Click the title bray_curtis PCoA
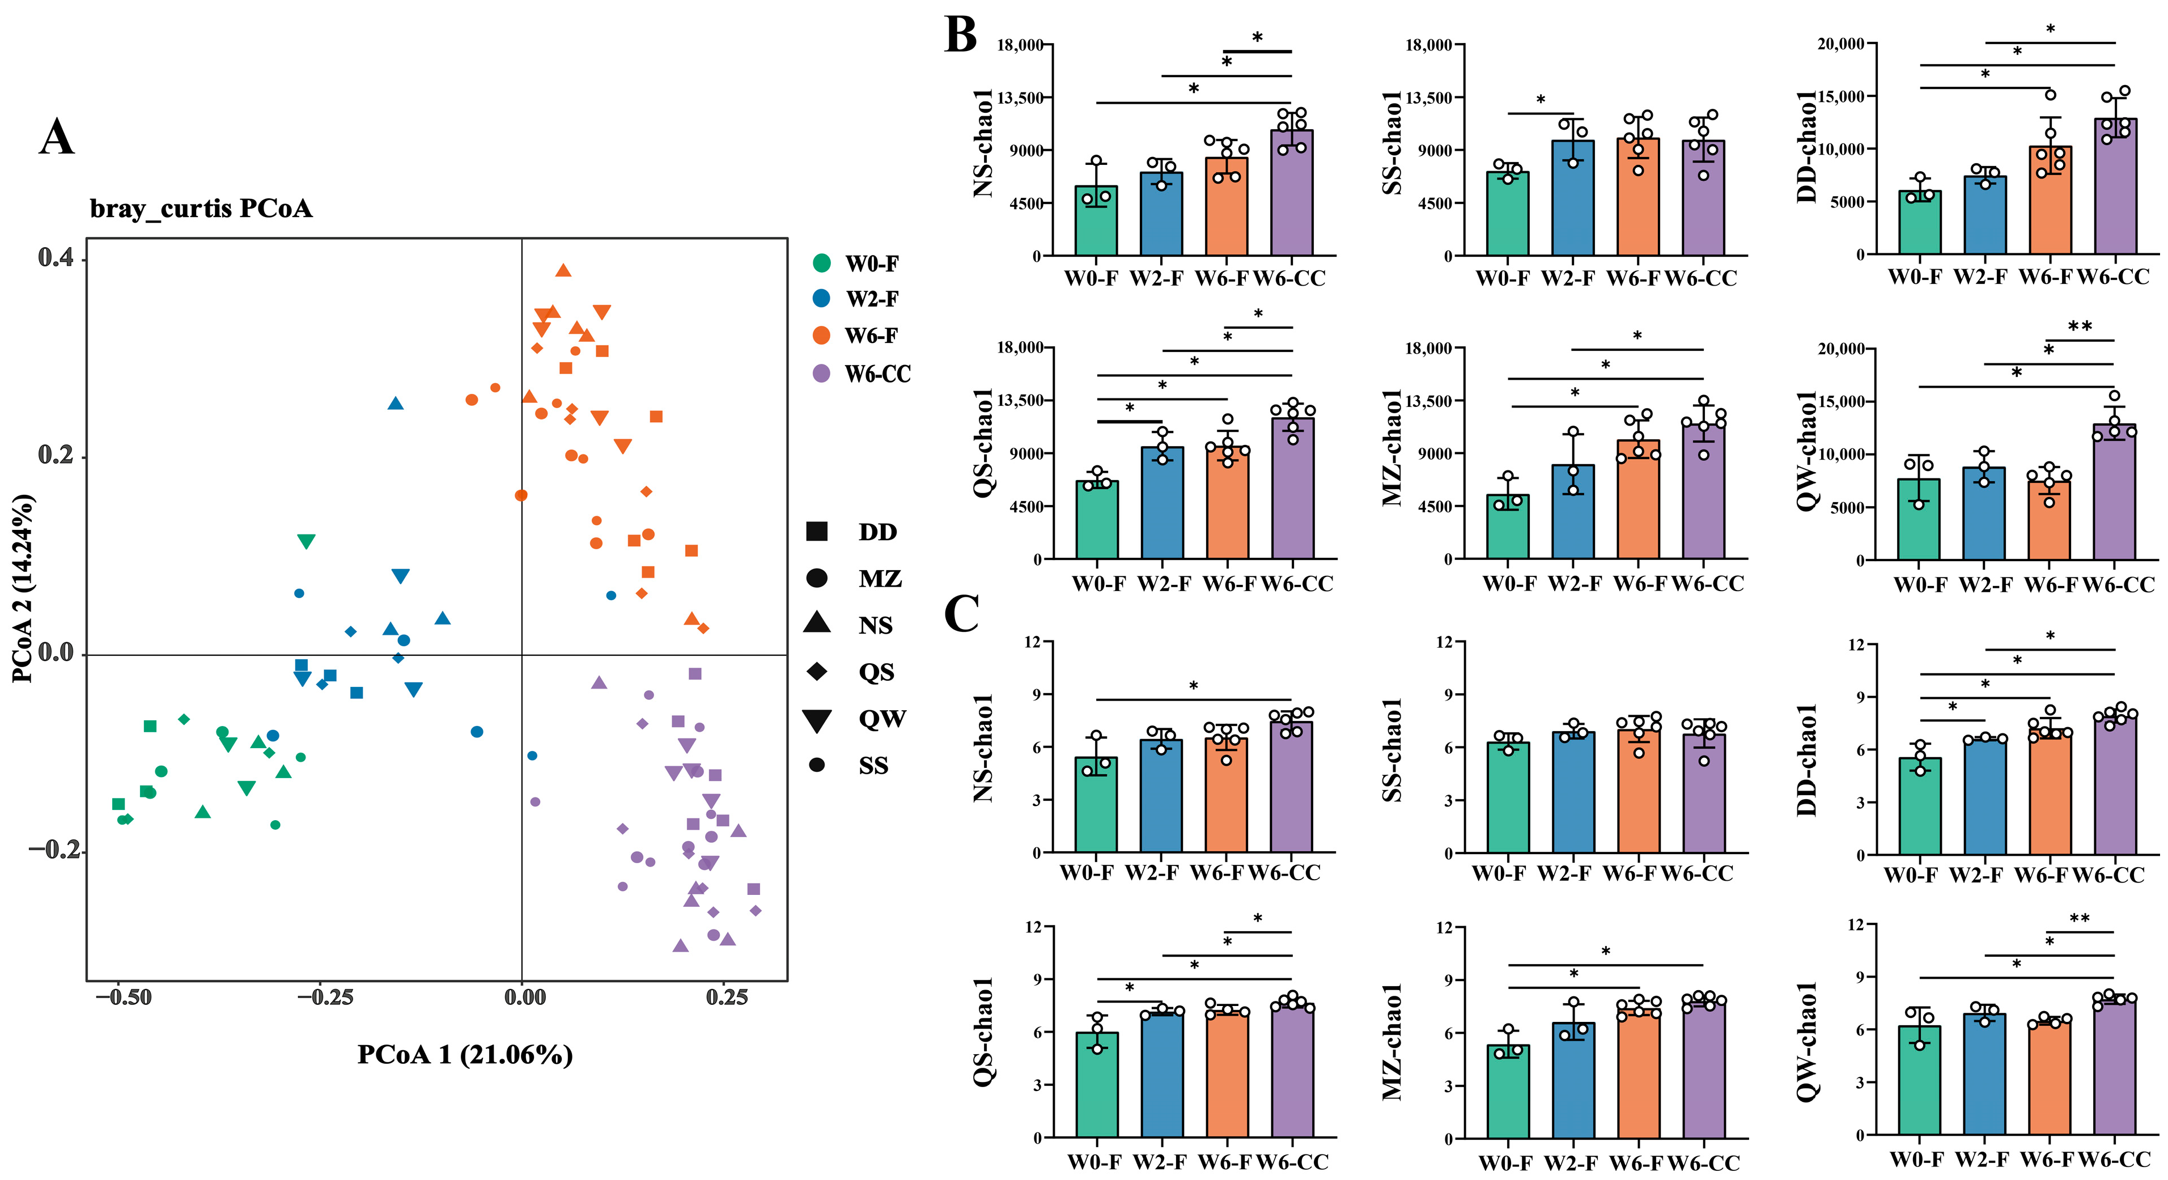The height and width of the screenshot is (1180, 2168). [201, 208]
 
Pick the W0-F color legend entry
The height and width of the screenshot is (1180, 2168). [859, 264]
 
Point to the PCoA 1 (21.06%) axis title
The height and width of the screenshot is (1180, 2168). [465, 1055]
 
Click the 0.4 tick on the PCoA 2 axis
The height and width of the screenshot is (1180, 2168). [56, 257]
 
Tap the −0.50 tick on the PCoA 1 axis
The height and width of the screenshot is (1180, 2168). [123, 998]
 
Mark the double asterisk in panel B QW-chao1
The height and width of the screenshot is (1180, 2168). [2080, 326]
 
